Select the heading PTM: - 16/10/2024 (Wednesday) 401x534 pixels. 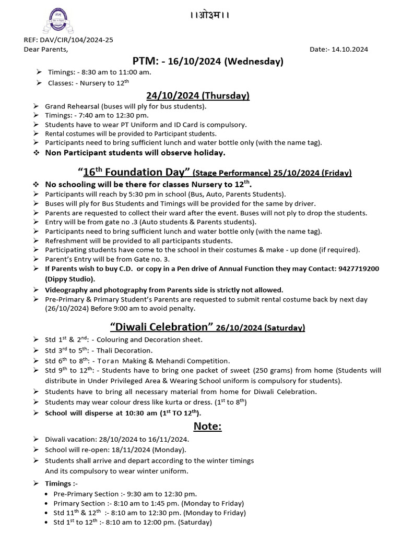coord(208,62)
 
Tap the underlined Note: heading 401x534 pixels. coord(208,427)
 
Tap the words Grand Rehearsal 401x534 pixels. coord(72,106)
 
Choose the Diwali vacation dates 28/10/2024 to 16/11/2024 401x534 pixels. coord(138,439)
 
